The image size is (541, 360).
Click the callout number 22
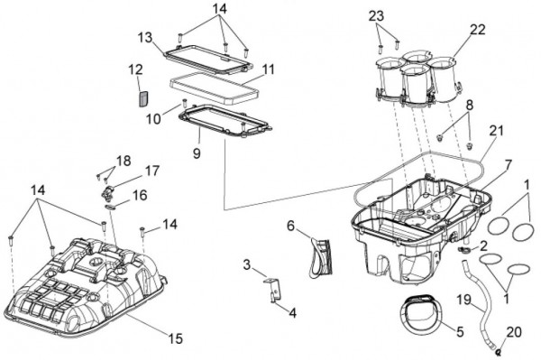477,30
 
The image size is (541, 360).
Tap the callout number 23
377,16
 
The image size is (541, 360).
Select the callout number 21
497,131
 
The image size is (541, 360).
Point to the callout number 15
175,338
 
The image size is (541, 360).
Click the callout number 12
136,69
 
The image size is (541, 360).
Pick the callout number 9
197,153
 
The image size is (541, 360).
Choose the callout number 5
460,332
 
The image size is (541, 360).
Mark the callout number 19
464,300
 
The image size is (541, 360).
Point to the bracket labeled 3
272,288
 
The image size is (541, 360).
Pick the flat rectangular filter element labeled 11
215,88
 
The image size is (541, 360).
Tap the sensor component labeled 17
107,192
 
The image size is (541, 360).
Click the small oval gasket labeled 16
110,208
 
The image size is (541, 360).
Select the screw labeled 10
184,103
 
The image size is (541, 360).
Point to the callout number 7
509,165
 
